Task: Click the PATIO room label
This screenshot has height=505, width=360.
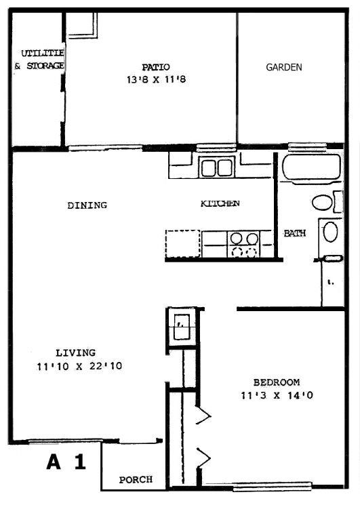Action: point(156,67)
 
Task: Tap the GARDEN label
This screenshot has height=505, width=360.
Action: point(284,67)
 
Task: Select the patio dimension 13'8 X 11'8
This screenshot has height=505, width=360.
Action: point(157,79)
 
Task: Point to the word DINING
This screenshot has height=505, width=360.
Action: point(87,205)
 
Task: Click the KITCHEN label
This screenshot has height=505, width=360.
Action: point(220,203)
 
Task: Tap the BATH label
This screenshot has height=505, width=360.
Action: point(295,233)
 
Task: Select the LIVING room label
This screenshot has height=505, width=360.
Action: point(76,352)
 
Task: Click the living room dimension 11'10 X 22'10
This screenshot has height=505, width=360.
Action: point(79,366)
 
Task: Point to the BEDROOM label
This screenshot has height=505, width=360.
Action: point(277,382)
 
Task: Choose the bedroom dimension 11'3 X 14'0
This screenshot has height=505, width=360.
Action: point(277,395)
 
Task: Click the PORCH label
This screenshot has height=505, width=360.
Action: point(136,479)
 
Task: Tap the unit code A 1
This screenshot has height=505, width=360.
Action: point(66,462)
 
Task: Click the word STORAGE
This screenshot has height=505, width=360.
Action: point(45,66)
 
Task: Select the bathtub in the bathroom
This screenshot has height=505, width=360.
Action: point(311,167)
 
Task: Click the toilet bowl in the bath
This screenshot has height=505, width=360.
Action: point(322,203)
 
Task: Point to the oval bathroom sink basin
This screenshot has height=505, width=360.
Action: point(331,232)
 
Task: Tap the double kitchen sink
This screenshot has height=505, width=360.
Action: point(217,167)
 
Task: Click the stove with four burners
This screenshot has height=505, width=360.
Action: point(244,244)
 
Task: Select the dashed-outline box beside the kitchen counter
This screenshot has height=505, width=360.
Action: point(183,243)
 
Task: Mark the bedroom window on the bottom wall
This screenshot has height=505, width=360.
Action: point(272,486)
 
